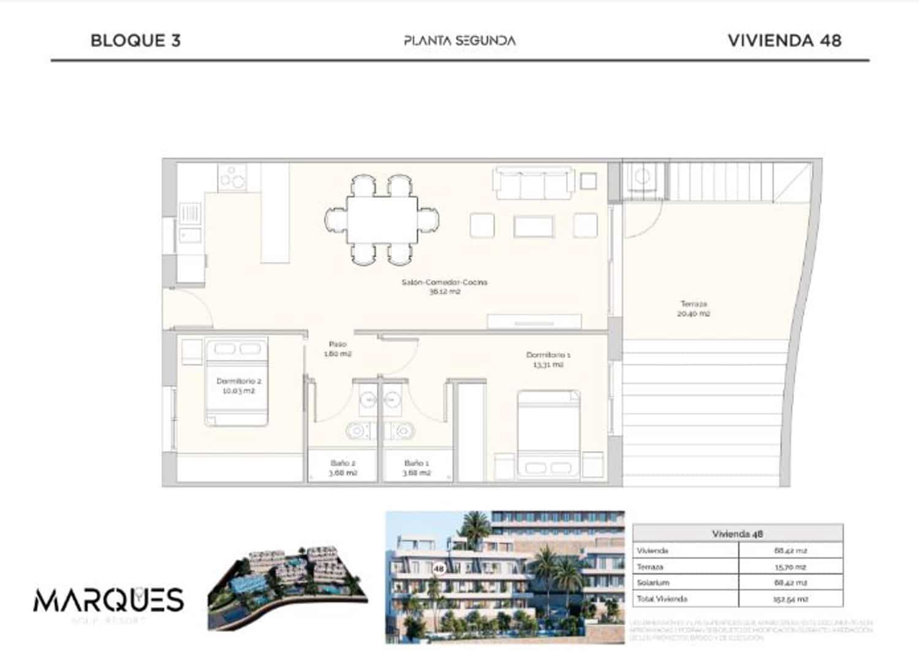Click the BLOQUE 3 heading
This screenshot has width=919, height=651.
click(135, 40)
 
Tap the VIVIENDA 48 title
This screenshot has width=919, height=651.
click(784, 40)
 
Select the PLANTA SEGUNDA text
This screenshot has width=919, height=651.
click(459, 40)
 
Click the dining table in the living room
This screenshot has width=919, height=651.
click(382, 219)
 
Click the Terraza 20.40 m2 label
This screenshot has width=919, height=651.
click(694, 308)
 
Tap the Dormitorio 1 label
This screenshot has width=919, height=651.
click(548, 359)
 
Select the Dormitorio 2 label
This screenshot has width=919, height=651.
click(238, 386)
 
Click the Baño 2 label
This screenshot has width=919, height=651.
click(342, 468)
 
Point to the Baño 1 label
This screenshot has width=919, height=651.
click(417, 468)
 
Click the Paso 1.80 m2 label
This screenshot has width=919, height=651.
click(338, 349)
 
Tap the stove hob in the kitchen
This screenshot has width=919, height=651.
click(233, 177)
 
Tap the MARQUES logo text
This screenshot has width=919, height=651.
click(108, 600)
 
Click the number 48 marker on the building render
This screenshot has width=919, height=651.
click(439, 568)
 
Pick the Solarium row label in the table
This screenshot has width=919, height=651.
click(653, 582)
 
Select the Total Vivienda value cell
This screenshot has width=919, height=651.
click(790, 599)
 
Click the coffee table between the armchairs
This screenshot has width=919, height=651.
click(533, 226)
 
